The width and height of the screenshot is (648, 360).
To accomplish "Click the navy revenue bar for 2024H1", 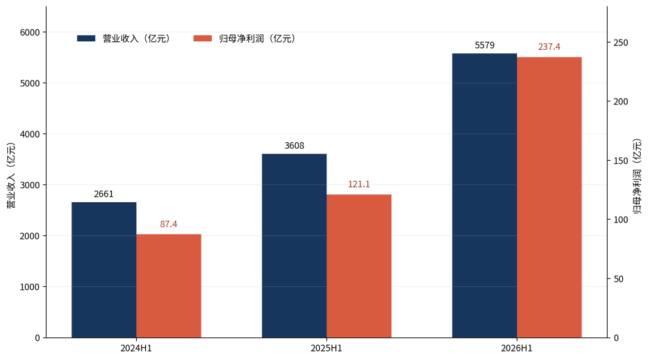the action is pos(104,270).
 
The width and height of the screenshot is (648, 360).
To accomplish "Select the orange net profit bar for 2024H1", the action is pos(169,286).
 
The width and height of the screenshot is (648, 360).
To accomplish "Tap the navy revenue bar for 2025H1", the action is pos(294,246).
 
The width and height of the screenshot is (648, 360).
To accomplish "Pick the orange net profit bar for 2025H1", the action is pos(359,266).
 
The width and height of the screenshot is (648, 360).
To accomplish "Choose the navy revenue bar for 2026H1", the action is pos(485,196).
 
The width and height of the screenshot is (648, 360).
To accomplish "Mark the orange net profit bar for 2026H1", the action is pos(549,197).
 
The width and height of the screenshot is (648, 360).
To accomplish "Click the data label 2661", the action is pos(104,194).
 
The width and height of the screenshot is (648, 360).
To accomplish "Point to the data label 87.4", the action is pos(169,224).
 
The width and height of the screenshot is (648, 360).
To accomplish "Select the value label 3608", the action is pos(294,145).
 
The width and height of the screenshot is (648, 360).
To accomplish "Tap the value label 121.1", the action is pos(359,184).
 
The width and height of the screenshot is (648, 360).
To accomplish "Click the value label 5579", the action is pos(485,45).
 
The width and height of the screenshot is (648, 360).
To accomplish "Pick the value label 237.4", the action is pos(549,47).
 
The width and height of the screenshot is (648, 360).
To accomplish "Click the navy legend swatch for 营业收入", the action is pos(86,38).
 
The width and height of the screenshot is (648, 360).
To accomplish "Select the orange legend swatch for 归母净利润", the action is pos(203,38).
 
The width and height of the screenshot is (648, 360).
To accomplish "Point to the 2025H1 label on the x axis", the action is pos(326,349).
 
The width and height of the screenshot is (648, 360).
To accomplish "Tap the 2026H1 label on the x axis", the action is pos(517,349).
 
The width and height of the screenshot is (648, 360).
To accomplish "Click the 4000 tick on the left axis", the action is pos(30,134).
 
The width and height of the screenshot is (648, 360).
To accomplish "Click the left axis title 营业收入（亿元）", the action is pos(11,175).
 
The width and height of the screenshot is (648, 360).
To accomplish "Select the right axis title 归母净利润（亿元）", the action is pos(637,176).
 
